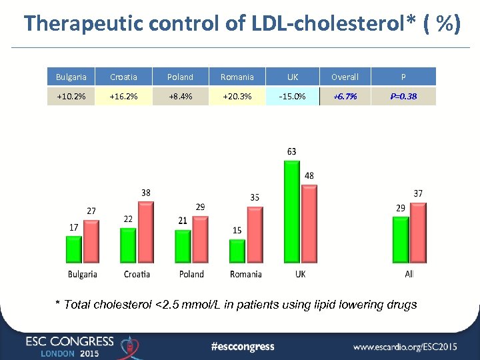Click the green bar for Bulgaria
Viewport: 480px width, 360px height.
[74, 249]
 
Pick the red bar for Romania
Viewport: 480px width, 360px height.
[254, 235]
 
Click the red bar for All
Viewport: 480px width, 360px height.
[417, 233]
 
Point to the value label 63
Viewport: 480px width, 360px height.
[292, 152]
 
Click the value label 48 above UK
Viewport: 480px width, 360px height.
[309, 176]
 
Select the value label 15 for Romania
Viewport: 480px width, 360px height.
[237, 230]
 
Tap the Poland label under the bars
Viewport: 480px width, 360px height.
[191, 274]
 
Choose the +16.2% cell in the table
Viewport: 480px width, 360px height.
[124, 96]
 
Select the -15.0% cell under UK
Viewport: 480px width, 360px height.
[292, 96]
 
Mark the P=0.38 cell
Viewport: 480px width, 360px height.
[403, 96]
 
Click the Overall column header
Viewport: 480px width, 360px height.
[345, 77]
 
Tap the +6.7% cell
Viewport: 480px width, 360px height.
[345, 96]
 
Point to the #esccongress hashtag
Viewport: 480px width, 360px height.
[242, 346]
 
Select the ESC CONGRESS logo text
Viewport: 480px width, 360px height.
[70, 341]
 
